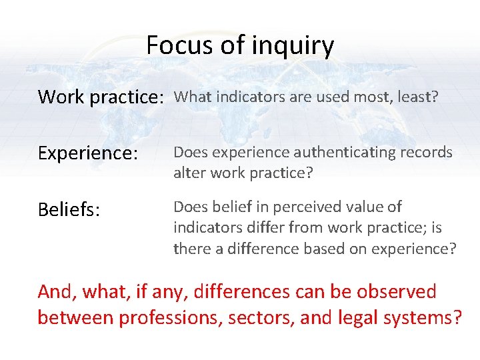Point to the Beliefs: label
coord(69,211)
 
